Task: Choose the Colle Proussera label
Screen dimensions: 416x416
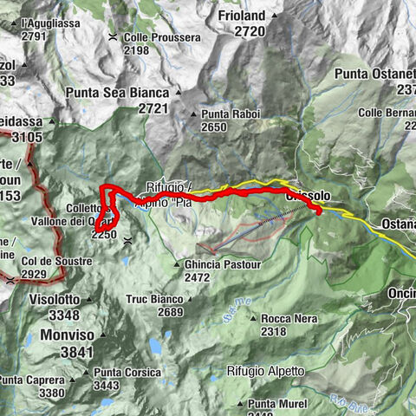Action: click(x=157, y=37)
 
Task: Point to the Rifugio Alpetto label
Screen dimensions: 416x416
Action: click(x=266, y=371)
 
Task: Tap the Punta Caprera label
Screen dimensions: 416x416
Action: click(x=32, y=380)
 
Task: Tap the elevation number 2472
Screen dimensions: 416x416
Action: click(x=198, y=277)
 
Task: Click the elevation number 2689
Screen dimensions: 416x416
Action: click(x=171, y=312)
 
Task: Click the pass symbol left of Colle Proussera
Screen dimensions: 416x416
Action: click(x=114, y=36)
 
